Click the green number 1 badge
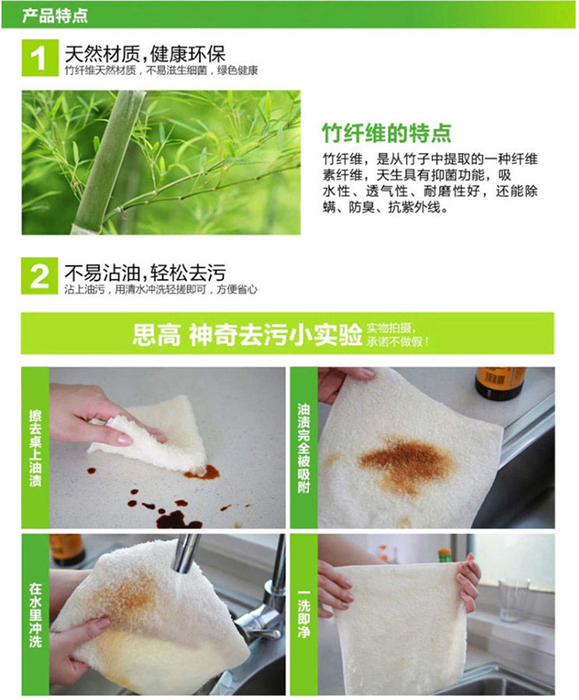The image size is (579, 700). point(39,58)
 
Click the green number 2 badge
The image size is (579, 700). point(39,276)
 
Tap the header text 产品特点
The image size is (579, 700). point(55,15)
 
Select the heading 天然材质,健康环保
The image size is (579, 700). point(145,54)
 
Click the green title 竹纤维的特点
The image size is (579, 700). point(387,133)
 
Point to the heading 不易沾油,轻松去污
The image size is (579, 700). point(145,272)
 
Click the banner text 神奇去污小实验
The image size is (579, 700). point(276,335)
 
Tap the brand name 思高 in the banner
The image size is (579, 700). point(157,335)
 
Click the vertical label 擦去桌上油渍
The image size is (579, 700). point(36,448)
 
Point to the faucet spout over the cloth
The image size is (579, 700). point(185,553)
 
